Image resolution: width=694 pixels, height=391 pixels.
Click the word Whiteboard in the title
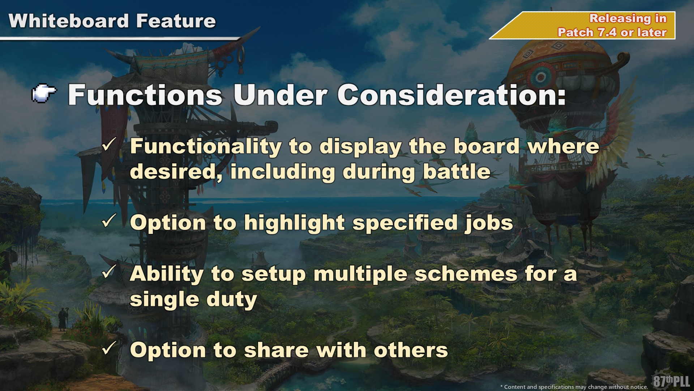point(69,21)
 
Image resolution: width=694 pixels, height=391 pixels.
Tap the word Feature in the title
point(176,21)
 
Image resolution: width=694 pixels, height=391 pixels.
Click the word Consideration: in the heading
point(452,95)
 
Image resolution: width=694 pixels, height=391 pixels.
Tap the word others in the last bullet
point(411,350)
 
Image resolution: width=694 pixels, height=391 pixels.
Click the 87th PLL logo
point(672,381)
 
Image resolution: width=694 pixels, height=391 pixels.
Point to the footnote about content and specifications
point(574,387)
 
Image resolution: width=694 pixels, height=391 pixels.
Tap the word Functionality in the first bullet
point(206,147)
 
